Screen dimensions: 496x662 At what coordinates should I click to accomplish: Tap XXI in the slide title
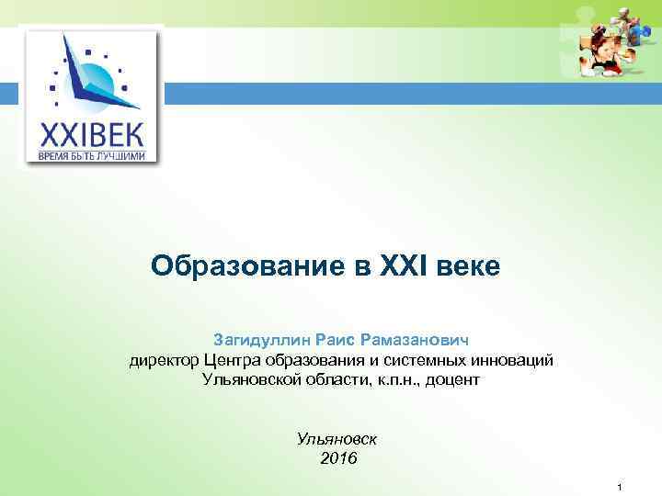point(403,266)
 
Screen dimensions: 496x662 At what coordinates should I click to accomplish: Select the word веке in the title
point(469,266)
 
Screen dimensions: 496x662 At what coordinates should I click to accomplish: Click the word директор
point(164,359)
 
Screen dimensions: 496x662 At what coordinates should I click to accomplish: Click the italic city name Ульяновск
point(338,438)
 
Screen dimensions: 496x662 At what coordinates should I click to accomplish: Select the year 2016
point(338,458)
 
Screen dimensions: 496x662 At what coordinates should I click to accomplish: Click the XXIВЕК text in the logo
point(91,136)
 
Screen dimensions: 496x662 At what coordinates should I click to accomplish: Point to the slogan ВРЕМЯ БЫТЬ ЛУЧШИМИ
point(91,157)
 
